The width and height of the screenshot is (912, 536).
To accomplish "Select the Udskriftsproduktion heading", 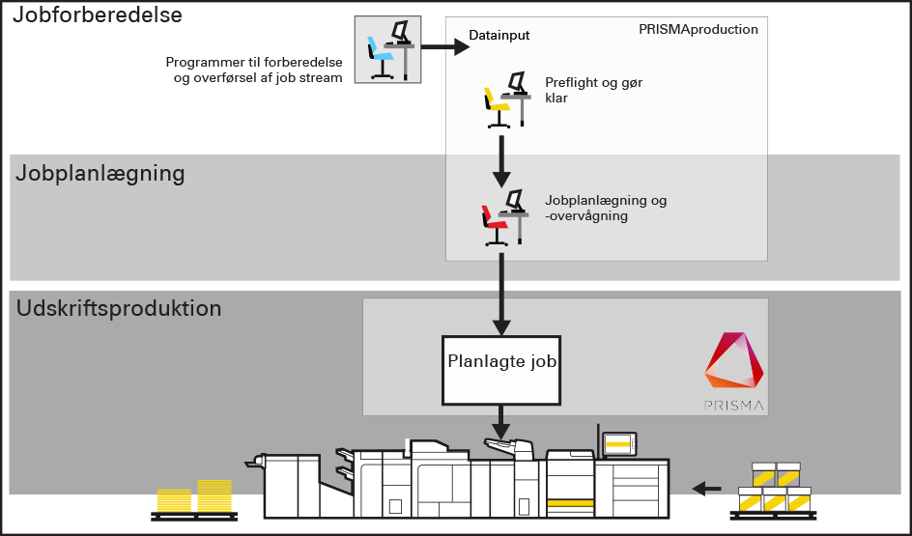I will (119, 310).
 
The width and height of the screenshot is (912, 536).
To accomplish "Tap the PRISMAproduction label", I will (698, 30).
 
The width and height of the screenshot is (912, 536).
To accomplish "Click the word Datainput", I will (499, 36).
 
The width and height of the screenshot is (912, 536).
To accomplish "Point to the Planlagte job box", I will (502, 370).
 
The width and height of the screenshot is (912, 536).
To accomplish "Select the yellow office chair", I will (499, 101).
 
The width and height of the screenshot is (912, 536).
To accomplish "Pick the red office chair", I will (496, 221).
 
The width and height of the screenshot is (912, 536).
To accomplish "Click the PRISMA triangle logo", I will (734, 366).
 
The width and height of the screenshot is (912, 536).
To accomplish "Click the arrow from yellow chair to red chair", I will (500, 161).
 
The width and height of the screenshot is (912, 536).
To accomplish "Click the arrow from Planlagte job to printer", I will (500, 421).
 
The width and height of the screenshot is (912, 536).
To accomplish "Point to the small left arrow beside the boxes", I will (708, 488).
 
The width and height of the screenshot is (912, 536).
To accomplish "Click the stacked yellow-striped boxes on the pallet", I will (775, 488).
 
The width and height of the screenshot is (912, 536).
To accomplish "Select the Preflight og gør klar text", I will (593, 90).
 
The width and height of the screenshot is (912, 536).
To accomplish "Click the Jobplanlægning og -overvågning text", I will (606, 208).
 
